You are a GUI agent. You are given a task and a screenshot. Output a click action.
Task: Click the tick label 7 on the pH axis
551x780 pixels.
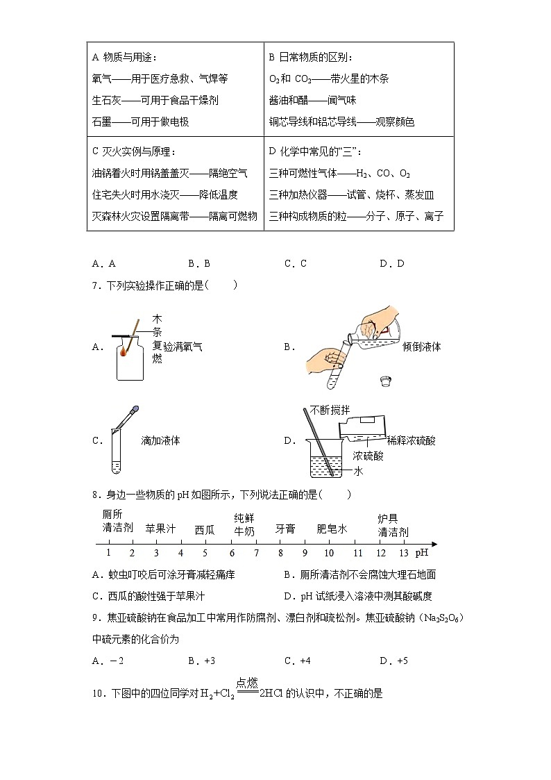256,553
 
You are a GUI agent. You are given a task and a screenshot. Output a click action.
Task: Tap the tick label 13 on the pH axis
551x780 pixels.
404,553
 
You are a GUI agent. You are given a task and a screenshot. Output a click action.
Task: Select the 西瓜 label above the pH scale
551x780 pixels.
204,530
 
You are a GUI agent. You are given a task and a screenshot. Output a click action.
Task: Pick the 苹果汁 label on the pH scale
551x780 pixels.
160,529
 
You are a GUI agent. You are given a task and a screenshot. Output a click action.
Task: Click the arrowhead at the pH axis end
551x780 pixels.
433,543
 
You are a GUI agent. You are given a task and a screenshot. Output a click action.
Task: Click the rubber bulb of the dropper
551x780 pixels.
135,410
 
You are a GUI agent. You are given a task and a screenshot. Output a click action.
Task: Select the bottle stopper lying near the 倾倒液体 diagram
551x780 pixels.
385,381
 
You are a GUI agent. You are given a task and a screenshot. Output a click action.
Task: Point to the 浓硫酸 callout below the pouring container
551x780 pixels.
368,456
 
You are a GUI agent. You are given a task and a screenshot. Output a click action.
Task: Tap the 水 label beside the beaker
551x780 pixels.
359,471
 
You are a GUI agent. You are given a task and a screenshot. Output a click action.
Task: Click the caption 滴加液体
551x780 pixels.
160,440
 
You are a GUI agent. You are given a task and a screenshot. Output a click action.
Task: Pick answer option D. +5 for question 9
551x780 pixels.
392,661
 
